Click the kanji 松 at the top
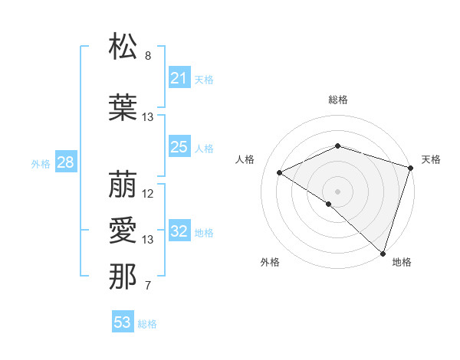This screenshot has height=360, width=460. pyautogui.click(x=123, y=47)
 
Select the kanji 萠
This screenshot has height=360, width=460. pyautogui.click(x=123, y=184)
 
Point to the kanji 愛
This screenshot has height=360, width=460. pyautogui.click(x=123, y=230)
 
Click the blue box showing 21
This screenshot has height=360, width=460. pyautogui.click(x=179, y=78)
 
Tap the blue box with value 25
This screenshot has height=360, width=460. pyautogui.click(x=179, y=147)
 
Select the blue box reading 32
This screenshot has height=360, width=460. pyautogui.click(x=179, y=232)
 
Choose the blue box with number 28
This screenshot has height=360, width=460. pyautogui.click(x=65, y=162)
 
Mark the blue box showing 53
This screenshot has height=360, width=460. pyautogui.click(x=123, y=322)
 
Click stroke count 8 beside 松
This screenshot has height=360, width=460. pyautogui.click(x=148, y=56)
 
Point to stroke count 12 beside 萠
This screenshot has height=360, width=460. pyautogui.click(x=148, y=194)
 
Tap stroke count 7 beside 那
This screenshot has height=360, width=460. pyautogui.click(x=148, y=286)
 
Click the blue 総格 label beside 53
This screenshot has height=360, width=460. pyautogui.click(x=147, y=324)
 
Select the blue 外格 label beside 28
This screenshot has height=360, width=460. pyautogui.click(x=41, y=163)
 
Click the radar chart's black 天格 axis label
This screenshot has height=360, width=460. pyautogui.click(x=431, y=159)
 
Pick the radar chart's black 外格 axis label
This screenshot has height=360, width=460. pyautogui.click(x=270, y=262)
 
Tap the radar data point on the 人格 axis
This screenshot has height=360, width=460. pyautogui.click(x=280, y=173)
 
